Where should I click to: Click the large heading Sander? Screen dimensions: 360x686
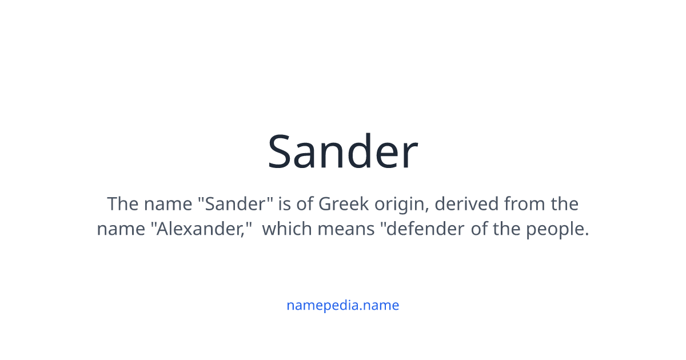pos(342,152)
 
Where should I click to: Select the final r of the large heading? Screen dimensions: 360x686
pos(410,155)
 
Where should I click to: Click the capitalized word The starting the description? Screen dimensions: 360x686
pos(123,203)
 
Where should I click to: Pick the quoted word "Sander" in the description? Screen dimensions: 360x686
pos(238,203)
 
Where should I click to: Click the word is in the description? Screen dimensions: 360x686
pos(284,203)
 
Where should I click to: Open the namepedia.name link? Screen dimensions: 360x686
pos(342,305)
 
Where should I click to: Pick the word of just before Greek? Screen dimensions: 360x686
pos(305,203)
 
